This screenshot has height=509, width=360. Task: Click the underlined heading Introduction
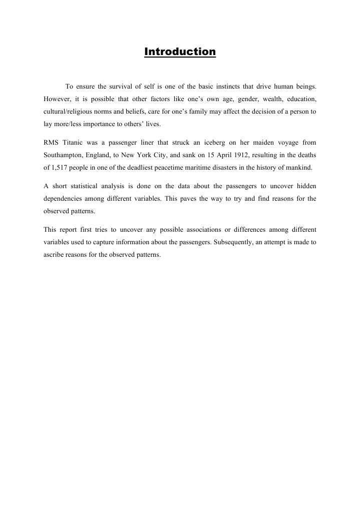tap(180, 52)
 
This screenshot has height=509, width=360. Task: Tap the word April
tap(205, 155)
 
